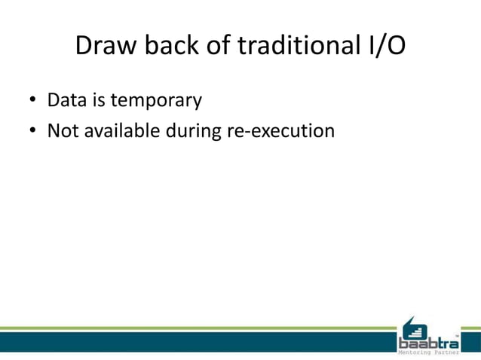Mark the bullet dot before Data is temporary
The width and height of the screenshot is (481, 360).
click(x=33, y=100)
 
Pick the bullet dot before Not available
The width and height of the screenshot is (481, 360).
click(x=33, y=131)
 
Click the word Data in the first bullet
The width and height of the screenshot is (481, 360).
click(x=65, y=99)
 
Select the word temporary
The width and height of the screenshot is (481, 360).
click(x=155, y=100)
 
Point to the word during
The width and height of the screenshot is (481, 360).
click(x=194, y=130)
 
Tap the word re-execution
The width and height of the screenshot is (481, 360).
click(x=280, y=130)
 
